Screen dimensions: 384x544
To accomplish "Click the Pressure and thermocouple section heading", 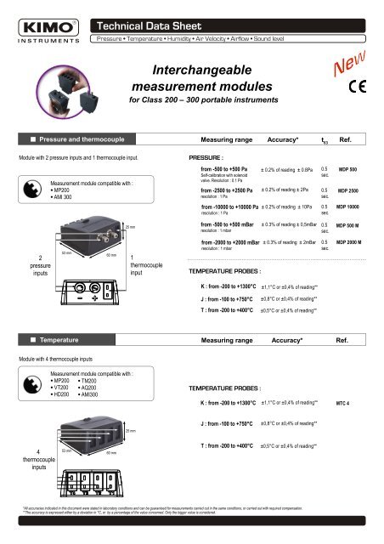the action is tap(74, 139).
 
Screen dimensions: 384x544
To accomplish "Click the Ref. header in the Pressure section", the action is tap(346, 139).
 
